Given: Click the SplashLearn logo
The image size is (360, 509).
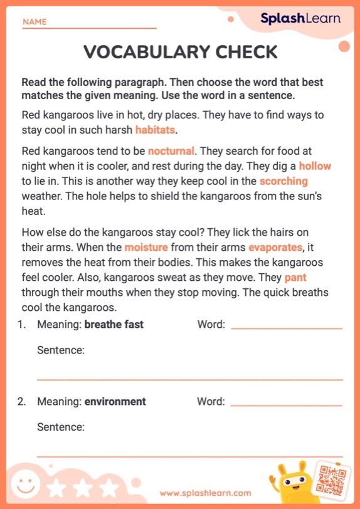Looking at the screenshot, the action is coord(300,18).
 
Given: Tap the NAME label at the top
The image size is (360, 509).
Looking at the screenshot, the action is coord(34,22).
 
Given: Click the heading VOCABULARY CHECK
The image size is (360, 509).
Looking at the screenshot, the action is coord(180,52).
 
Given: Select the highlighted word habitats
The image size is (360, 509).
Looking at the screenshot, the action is coord(156,130).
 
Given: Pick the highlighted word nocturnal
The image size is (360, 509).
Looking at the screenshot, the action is coord(171,151).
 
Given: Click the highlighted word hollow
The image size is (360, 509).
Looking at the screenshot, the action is coord(315,166).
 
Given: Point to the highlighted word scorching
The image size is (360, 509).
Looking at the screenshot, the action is coord(283,181).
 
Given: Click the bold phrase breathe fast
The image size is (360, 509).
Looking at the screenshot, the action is coord(114,324).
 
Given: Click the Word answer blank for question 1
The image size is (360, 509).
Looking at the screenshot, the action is coord(287,327).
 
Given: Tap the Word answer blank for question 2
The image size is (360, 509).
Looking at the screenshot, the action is coord(287,404).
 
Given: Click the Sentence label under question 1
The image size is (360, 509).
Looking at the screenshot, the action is coord(60,350).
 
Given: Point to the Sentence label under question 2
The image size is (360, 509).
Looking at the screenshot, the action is coord(60,427).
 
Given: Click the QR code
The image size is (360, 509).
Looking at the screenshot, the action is coord(332,480).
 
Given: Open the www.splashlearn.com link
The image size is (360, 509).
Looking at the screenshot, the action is coord(205,493).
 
